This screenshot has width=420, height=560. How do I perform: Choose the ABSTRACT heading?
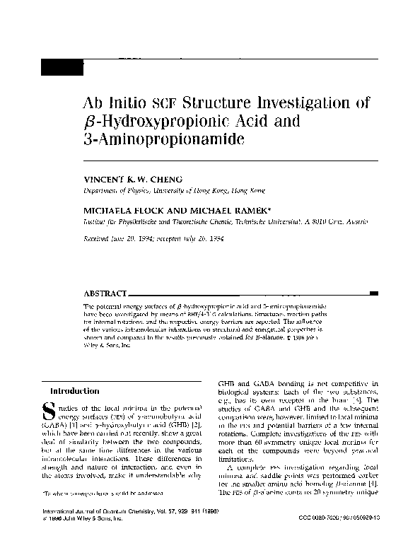tap(105, 292)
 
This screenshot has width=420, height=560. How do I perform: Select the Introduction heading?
tap(74, 391)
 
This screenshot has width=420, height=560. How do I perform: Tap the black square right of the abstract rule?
tap(373, 292)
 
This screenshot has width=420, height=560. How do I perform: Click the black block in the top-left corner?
tap(61, 69)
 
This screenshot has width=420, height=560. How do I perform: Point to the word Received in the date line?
tap(97, 239)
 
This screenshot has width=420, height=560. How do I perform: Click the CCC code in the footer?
tap(339, 538)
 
